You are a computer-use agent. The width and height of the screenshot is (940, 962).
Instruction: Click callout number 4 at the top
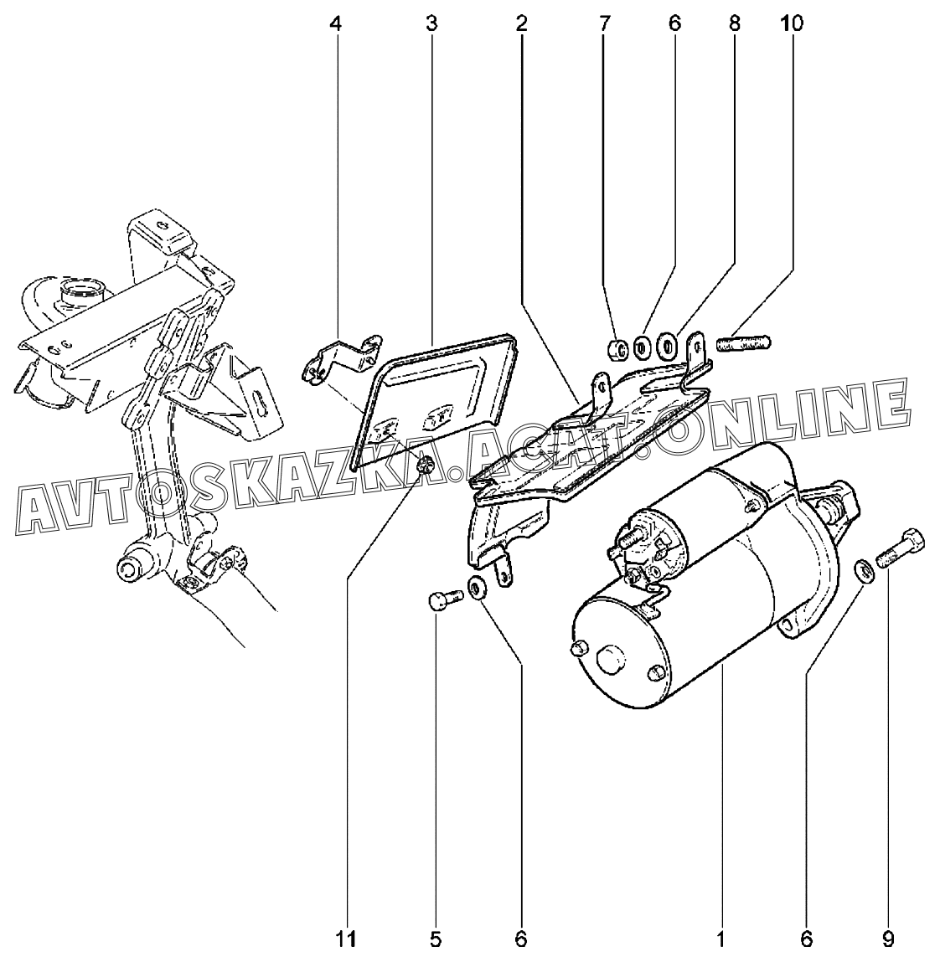point(335,24)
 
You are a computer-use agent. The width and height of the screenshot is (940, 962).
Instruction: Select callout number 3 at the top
point(431,24)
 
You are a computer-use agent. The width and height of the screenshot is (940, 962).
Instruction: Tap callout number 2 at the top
point(521,24)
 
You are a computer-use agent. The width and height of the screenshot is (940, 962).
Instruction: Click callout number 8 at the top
point(734,24)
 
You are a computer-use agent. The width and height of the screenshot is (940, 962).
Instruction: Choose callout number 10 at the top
point(791,24)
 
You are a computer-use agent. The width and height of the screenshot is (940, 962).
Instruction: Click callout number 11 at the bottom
point(347,939)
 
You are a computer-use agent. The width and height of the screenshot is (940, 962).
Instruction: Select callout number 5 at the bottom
point(436,939)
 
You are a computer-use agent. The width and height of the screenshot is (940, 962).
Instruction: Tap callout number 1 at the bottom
point(719,939)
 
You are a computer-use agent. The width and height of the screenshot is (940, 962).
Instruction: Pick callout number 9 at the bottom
point(887,939)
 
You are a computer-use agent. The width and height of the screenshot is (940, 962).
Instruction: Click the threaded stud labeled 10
point(744,342)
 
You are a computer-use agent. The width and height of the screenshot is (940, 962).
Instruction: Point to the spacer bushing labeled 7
point(617,347)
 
